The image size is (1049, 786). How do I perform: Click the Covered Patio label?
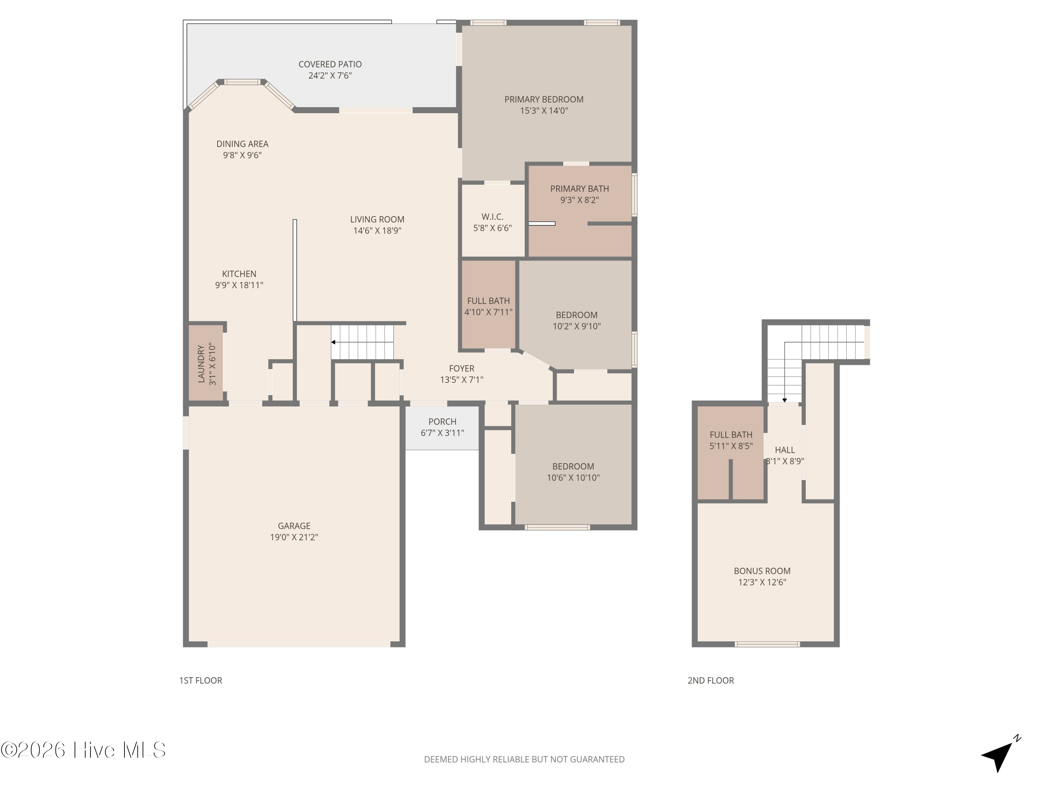[x=330, y=64]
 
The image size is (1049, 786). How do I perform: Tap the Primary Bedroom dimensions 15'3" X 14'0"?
[x=544, y=111]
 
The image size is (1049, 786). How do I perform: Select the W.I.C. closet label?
[x=492, y=217]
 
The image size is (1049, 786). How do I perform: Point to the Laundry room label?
[x=201, y=364]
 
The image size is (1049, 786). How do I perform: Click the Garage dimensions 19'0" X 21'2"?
[x=294, y=537]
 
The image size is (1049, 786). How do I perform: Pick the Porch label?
[x=442, y=422]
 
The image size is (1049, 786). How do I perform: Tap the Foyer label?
[x=462, y=369]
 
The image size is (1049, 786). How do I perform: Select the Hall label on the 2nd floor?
[x=785, y=450]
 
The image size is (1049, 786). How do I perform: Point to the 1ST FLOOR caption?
[x=201, y=681]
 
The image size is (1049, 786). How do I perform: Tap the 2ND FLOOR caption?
[x=711, y=681]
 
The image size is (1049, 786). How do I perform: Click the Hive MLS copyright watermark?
[x=84, y=750]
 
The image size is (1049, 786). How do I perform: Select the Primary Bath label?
[x=579, y=189]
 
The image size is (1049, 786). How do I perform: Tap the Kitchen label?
[x=239, y=274]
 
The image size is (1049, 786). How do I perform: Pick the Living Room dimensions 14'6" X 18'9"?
[x=377, y=231]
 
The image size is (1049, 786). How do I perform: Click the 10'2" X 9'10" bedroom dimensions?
[x=577, y=326]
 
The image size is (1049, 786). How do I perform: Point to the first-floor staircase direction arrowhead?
[x=333, y=342]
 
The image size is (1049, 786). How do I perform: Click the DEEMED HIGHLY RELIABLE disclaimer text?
[x=524, y=759]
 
